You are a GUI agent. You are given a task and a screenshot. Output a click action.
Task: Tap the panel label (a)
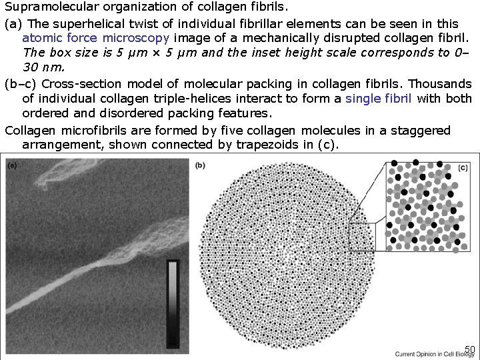[13, 166]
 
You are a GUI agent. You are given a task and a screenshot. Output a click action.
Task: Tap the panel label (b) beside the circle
[201, 165]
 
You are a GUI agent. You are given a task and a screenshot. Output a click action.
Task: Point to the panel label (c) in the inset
[463, 168]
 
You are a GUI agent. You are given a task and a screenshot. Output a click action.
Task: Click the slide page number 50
[469, 349]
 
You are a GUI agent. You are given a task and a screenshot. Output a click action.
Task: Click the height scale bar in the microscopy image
[173, 300]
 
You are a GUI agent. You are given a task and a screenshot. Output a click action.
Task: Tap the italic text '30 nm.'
[41, 67]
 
